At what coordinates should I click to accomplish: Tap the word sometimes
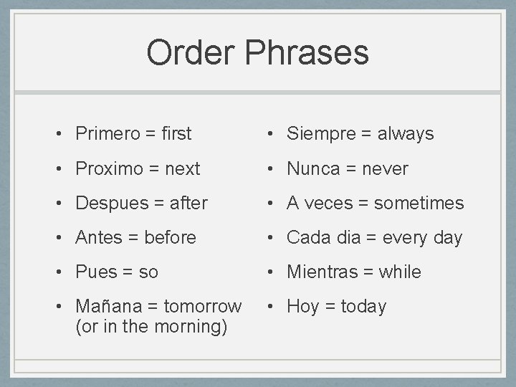point(419,204)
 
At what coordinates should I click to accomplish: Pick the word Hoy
point(302,307)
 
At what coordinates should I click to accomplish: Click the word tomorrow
point(203,306)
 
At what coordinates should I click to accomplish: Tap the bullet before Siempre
point(274,134)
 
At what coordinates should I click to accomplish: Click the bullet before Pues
point(63,272)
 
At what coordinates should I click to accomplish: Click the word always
point(406,134)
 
